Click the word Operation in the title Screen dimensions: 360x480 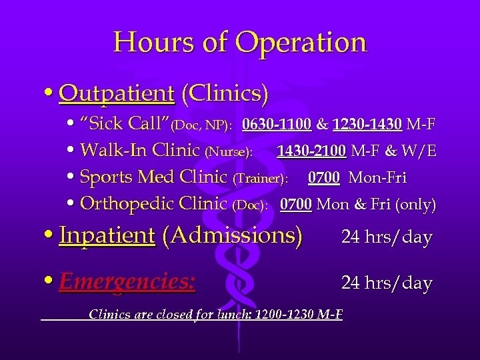[301, 42]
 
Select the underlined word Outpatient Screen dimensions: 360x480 [117, 93]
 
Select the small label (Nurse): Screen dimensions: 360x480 [229, 153]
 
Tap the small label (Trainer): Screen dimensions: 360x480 [260, 179]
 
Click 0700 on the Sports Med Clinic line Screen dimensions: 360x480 [324, 178]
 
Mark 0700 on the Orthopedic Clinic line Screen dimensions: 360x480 [296, 204]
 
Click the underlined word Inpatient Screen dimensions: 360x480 [107, 235]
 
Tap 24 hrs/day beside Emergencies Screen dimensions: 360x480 [387, 283]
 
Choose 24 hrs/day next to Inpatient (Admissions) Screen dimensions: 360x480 [387, 237]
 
